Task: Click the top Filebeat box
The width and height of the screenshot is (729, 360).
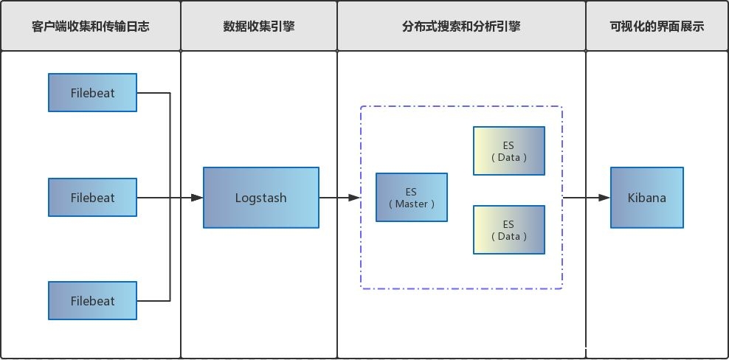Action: point(92,93)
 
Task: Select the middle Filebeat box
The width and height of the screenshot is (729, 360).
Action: point(92,198)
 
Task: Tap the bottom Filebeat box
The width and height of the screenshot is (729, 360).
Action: point(92,301)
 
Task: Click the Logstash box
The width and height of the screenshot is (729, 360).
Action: point(261,198)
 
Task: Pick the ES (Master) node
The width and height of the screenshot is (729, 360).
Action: point(411,198)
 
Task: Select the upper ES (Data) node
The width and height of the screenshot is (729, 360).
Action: point(509,151)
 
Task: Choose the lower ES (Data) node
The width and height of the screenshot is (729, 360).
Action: point(509,229)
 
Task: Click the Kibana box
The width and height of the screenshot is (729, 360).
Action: point(647,198)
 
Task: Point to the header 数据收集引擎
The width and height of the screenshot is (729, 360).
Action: point(259,27)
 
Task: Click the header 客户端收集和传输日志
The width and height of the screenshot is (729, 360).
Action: point(91,27)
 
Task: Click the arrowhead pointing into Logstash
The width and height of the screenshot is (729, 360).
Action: point(197,198)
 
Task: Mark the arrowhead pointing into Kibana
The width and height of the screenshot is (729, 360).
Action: point(604,198)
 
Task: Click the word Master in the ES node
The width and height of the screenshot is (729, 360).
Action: point(411,204)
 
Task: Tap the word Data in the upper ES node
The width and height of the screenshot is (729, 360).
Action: point(509,158)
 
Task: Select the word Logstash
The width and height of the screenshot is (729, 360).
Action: point(261,198)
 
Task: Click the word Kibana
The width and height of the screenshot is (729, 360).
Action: point(647,198)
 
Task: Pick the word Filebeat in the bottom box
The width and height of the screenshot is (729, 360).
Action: point(93,301)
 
